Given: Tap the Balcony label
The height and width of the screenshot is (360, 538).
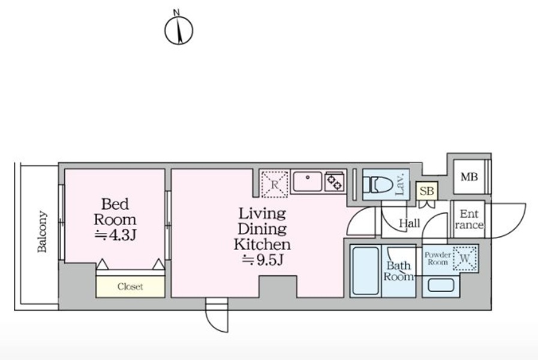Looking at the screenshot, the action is click(x=42, y=232).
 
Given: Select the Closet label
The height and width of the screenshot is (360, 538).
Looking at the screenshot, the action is click(x=130, y=287).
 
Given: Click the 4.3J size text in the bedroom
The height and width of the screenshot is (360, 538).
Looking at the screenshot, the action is click(x=115, y=235).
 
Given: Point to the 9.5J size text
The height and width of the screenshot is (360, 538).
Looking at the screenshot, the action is click(x=263, y=260).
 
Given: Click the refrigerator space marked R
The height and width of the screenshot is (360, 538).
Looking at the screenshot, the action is click(x=275, y=185).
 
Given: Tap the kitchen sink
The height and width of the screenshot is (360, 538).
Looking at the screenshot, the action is click(x=308, y=182).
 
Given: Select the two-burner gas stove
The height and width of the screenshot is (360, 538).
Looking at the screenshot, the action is click(x=334, y=182).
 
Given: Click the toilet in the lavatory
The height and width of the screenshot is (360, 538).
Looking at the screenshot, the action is click(x=378, y=185).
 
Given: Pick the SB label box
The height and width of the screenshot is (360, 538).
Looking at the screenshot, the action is click(x=427, y=191).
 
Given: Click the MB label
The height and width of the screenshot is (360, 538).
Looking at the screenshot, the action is click(x=469, y=177).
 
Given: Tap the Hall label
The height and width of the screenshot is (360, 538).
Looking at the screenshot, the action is click(x=410, y=223).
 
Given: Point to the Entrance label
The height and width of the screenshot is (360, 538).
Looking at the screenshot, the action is click(x=469, y=219).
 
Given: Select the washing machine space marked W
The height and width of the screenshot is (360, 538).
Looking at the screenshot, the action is click(x=465, y=259).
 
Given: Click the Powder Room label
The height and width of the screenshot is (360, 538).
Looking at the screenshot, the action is click(x=437, y=259).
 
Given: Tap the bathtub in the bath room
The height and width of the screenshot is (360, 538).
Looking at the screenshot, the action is click(x=366, y=271).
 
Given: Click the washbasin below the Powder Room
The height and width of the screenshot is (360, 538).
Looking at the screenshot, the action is click(x=441, y=285).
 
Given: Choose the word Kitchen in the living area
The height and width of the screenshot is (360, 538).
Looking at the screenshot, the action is click(x=263, y=244).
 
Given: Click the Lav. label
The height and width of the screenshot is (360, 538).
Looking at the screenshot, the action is click(x=400, y=184).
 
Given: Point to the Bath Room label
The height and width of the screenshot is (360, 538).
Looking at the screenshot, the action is click(x=398, y=271).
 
